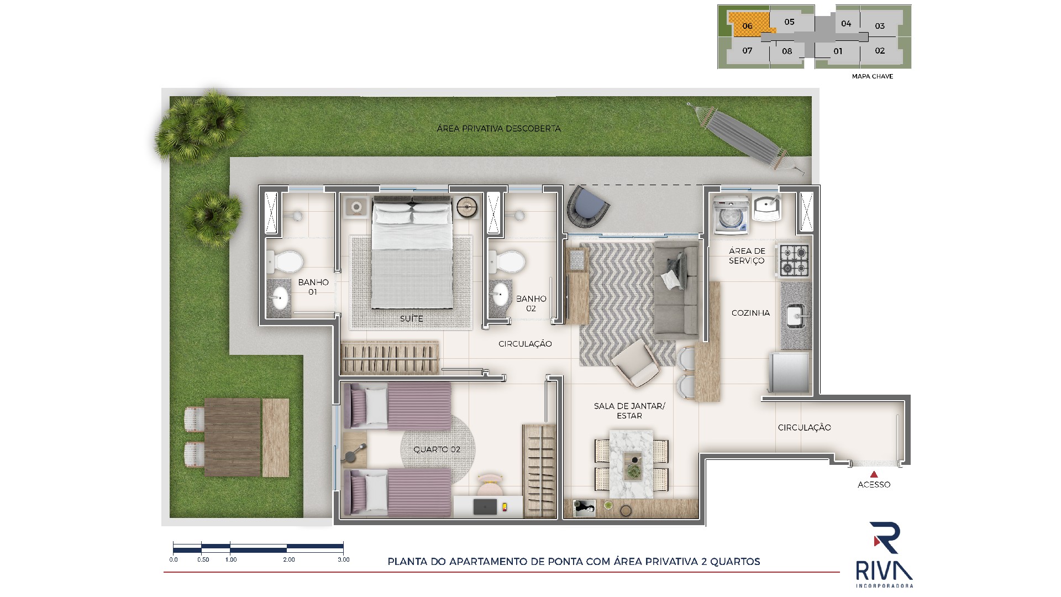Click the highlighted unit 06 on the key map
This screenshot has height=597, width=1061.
coord(748,25)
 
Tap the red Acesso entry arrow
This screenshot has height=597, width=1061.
coord(874,474)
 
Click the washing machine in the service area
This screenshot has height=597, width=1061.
coord(731,216)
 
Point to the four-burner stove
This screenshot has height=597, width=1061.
coord(794,260)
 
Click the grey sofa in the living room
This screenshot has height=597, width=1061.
coord(676,290)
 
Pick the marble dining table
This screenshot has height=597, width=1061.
coord(631,461)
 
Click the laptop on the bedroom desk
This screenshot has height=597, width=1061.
coord(486,507)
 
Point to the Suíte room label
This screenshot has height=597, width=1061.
coord(412,319)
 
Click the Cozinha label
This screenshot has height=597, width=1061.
coord(750,313)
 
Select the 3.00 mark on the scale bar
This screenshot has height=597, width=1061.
coord(343,559)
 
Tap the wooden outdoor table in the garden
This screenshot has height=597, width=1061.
coord(232,437)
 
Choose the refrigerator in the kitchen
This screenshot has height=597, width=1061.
coord(790,373)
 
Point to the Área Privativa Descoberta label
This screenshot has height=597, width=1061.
coord(498,129)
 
